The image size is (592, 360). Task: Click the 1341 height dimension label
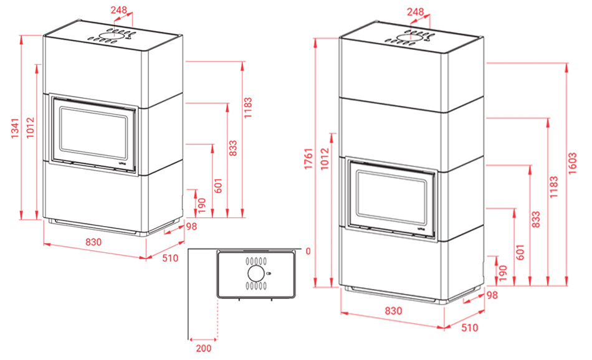click(14, 128)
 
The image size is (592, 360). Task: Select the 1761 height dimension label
click(308, 158)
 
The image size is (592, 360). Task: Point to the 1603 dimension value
click(572, 163)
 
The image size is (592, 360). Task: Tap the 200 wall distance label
click(204, 348)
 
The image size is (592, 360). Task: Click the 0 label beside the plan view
click(308, 252)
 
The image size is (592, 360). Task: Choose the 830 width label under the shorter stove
click(93, 242)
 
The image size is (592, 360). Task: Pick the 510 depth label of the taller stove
click(469, 328)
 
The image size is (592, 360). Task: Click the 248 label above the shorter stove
click(118, 9)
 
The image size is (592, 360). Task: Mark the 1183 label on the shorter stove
click(247, 108)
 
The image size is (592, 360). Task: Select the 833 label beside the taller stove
click(535, 220)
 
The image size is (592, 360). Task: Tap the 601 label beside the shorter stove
click(218, 186)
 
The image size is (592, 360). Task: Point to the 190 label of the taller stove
click(502, 272)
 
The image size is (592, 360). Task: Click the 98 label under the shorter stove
click(191, 226)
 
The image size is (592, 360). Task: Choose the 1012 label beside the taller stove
click(324, 159)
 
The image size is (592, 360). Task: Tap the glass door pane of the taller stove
click(391, 197)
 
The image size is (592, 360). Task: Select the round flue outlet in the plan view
click(256, 273)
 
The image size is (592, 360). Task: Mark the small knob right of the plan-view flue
click(269, 273)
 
